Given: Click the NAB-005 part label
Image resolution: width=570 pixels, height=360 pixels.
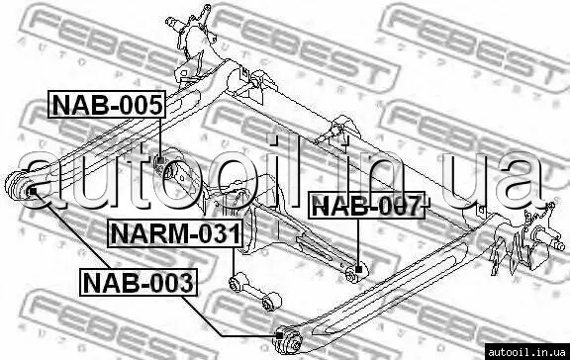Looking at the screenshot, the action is point(107,105).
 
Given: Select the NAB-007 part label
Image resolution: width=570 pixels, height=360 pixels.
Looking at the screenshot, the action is point(366,205).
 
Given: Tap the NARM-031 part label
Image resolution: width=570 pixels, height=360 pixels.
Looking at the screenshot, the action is point(175,233).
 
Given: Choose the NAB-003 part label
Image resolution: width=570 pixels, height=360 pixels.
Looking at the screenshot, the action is point(139,283).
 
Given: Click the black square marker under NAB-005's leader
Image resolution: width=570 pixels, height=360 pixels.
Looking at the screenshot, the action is point(161,159).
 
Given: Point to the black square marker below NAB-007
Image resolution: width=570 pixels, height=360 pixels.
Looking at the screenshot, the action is point(359,270).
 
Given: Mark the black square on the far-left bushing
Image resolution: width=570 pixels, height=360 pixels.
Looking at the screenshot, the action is point(33,191).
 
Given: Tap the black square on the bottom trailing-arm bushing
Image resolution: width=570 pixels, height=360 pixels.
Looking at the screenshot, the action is point(279,335).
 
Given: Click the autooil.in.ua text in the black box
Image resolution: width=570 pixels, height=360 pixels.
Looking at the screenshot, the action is point(526,352).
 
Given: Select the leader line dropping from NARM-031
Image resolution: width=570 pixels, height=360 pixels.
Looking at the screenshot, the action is point(234,262).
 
